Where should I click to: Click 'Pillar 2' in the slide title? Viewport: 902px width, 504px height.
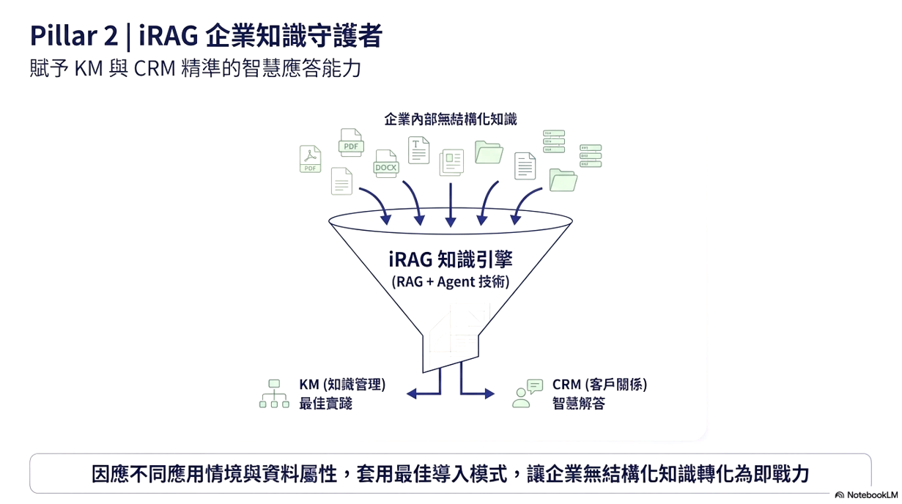(74, 35)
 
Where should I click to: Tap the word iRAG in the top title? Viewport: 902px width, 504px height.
(169, 35)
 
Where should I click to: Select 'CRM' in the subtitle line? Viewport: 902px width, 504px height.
(155, 68)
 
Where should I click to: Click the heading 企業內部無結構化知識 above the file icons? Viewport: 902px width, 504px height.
(450, 119)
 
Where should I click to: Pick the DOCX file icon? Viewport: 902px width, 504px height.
(386, 163)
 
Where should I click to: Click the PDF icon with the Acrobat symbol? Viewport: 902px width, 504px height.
(310, 159)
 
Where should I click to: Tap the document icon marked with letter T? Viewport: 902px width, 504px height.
(418, 149)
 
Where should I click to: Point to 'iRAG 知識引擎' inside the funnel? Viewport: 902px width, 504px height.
(451, 259)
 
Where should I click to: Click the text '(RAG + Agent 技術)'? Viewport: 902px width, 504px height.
(451, 282)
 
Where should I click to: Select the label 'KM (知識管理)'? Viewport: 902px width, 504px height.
(342, 385)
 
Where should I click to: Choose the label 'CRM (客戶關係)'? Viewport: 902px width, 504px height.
(599, 385)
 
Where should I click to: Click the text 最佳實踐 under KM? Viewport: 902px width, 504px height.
(326, 404)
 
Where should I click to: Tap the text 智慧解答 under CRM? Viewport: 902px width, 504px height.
(579, 404)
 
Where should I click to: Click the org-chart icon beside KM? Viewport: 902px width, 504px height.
(274, 393)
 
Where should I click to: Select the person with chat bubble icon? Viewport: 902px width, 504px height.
(528, 393)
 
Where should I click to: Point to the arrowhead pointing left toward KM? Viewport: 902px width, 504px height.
(412, 393)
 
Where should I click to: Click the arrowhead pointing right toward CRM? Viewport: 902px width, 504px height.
(489, 393)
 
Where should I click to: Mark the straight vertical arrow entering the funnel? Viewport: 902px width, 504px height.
(451, 204)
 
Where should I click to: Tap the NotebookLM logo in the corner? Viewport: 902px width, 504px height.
(866, 494)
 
